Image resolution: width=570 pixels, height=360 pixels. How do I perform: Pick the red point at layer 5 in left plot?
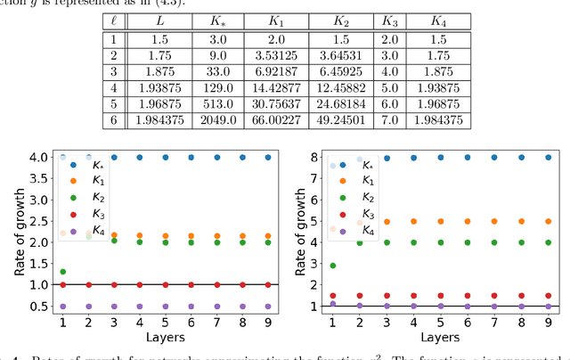tap(166, 285)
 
